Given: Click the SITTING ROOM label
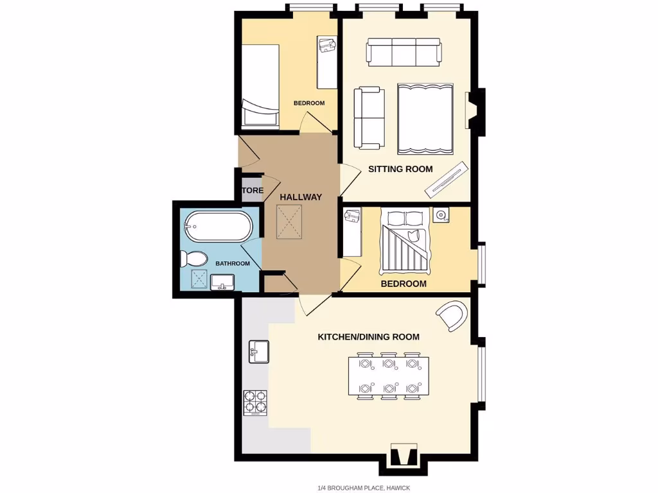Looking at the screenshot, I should [400, 169].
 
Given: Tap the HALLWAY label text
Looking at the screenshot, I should [301, 197].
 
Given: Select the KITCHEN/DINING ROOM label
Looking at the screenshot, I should [369, 337].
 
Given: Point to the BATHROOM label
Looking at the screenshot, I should [232, 264].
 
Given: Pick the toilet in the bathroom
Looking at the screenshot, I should [193, 259].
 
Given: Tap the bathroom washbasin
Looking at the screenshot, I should [222, 282].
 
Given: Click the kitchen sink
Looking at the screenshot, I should [258, 351].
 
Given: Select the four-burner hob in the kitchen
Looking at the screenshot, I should [255, 402].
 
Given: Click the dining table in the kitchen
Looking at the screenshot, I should [388, 376].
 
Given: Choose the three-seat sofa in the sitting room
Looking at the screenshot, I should [404, 51].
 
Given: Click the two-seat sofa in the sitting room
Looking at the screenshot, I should [369, 117].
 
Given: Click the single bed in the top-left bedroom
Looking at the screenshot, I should [260, 87].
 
